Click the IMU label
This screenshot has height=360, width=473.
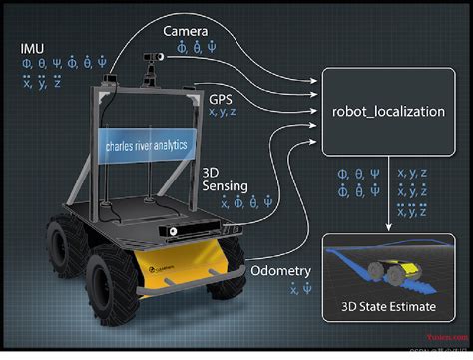[x=31, y=48]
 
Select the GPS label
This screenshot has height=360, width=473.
[x=221, y=99]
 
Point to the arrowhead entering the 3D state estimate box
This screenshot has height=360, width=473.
[x=388, y=228]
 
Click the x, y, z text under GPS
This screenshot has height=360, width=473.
[x=223, y=114]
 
